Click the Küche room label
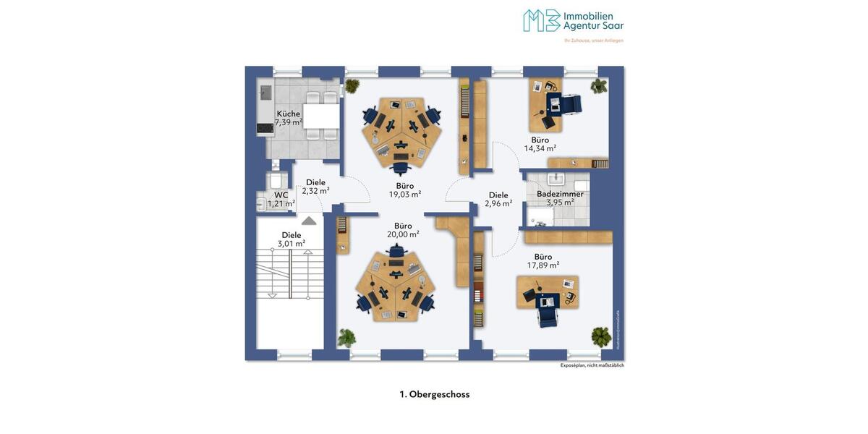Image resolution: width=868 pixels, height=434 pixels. (288, 114)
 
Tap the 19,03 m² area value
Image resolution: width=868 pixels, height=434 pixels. (404, 194)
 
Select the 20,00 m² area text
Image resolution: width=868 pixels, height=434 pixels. (403, 234)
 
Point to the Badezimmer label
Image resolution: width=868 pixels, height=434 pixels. (560, 194)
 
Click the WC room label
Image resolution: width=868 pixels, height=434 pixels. (281, 195)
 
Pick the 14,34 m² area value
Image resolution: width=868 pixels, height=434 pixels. (540, 148)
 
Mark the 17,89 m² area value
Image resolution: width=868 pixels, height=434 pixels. (542, 265)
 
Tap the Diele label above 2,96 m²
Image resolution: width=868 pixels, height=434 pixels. (498, 195)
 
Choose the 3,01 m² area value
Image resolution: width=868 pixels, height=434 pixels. (291, 243)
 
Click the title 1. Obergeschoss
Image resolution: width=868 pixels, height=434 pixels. (434, 394)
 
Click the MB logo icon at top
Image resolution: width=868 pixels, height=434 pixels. (541, 20)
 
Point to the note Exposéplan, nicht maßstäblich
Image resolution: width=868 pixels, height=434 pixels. (592, 365)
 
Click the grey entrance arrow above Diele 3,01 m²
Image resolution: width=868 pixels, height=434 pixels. (309, 220)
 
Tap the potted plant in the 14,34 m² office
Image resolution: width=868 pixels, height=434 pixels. (598, 87)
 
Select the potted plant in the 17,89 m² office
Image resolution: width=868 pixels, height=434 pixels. (600, 336)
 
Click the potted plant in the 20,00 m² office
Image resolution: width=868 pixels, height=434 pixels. (346, 337)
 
